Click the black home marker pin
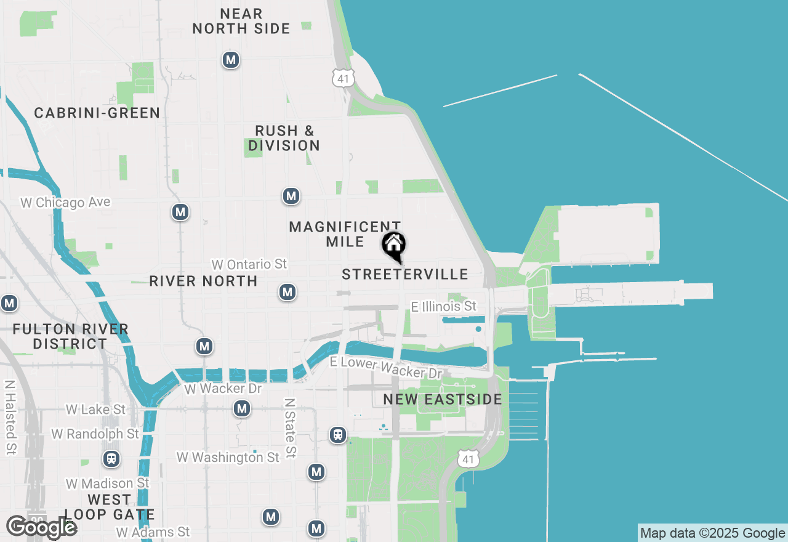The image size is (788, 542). click(394, 246)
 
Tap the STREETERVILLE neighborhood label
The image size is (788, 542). click(405, 275)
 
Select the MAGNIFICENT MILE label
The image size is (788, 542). click(345, 234)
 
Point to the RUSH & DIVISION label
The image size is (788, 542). click(284, 138)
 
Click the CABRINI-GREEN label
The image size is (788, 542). click(97, 113)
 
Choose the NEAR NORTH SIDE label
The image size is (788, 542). click(241, 21)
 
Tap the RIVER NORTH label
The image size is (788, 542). click(203, 281)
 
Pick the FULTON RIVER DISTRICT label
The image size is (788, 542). click(71, 336)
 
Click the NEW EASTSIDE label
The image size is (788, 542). click(443, 400)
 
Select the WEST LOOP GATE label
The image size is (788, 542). click(110, 507)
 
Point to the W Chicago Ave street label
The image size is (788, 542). click(65, 203)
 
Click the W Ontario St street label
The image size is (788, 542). click(249, 264)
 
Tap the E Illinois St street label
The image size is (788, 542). click(444, 306)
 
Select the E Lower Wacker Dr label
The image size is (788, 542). click(386, 367)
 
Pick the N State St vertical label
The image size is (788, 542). click(290, 428)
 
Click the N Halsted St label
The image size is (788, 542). click(10, 417)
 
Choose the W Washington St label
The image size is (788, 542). click(228, 457)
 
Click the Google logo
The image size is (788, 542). click(41, 527)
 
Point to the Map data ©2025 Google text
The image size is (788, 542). click(712, 533)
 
